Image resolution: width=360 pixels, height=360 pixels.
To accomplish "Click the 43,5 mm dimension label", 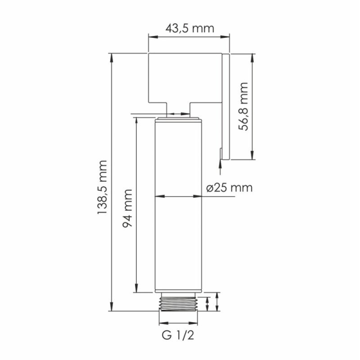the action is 189,28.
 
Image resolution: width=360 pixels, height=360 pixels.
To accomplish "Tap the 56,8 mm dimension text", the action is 243,107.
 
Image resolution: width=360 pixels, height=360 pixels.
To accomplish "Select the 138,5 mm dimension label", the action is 102,188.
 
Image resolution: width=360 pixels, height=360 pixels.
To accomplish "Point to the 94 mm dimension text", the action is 127,208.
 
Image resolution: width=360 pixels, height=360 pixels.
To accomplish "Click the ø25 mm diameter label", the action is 229,188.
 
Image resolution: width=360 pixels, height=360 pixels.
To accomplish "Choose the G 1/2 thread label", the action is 178,335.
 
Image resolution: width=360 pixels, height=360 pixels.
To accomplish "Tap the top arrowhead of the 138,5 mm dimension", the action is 112,58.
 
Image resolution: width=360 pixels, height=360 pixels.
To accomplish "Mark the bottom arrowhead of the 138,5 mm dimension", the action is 112,307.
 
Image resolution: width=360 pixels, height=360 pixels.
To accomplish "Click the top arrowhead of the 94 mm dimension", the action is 136,121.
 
